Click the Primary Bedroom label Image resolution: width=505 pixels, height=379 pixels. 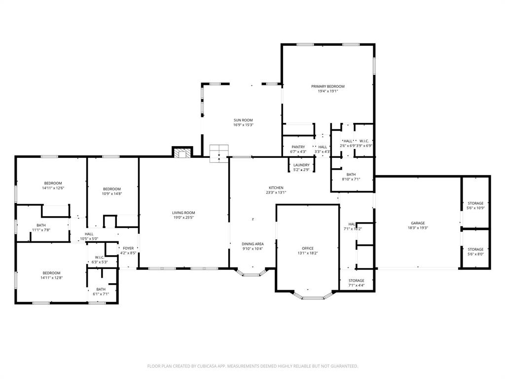point(327,86)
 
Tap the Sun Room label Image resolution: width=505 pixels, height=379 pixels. point(243,120)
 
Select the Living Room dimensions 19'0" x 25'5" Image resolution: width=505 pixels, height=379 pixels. point(183,218)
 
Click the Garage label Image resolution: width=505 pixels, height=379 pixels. point(418,223)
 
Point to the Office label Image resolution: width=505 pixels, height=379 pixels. point(307,248)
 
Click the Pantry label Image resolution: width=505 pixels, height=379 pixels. point(298,147)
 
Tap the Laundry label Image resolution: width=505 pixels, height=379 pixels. point(301,165)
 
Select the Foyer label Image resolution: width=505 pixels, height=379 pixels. point(128,248)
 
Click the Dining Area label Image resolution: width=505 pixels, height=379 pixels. point(252,244)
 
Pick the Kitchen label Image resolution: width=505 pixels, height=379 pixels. point(276,188)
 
